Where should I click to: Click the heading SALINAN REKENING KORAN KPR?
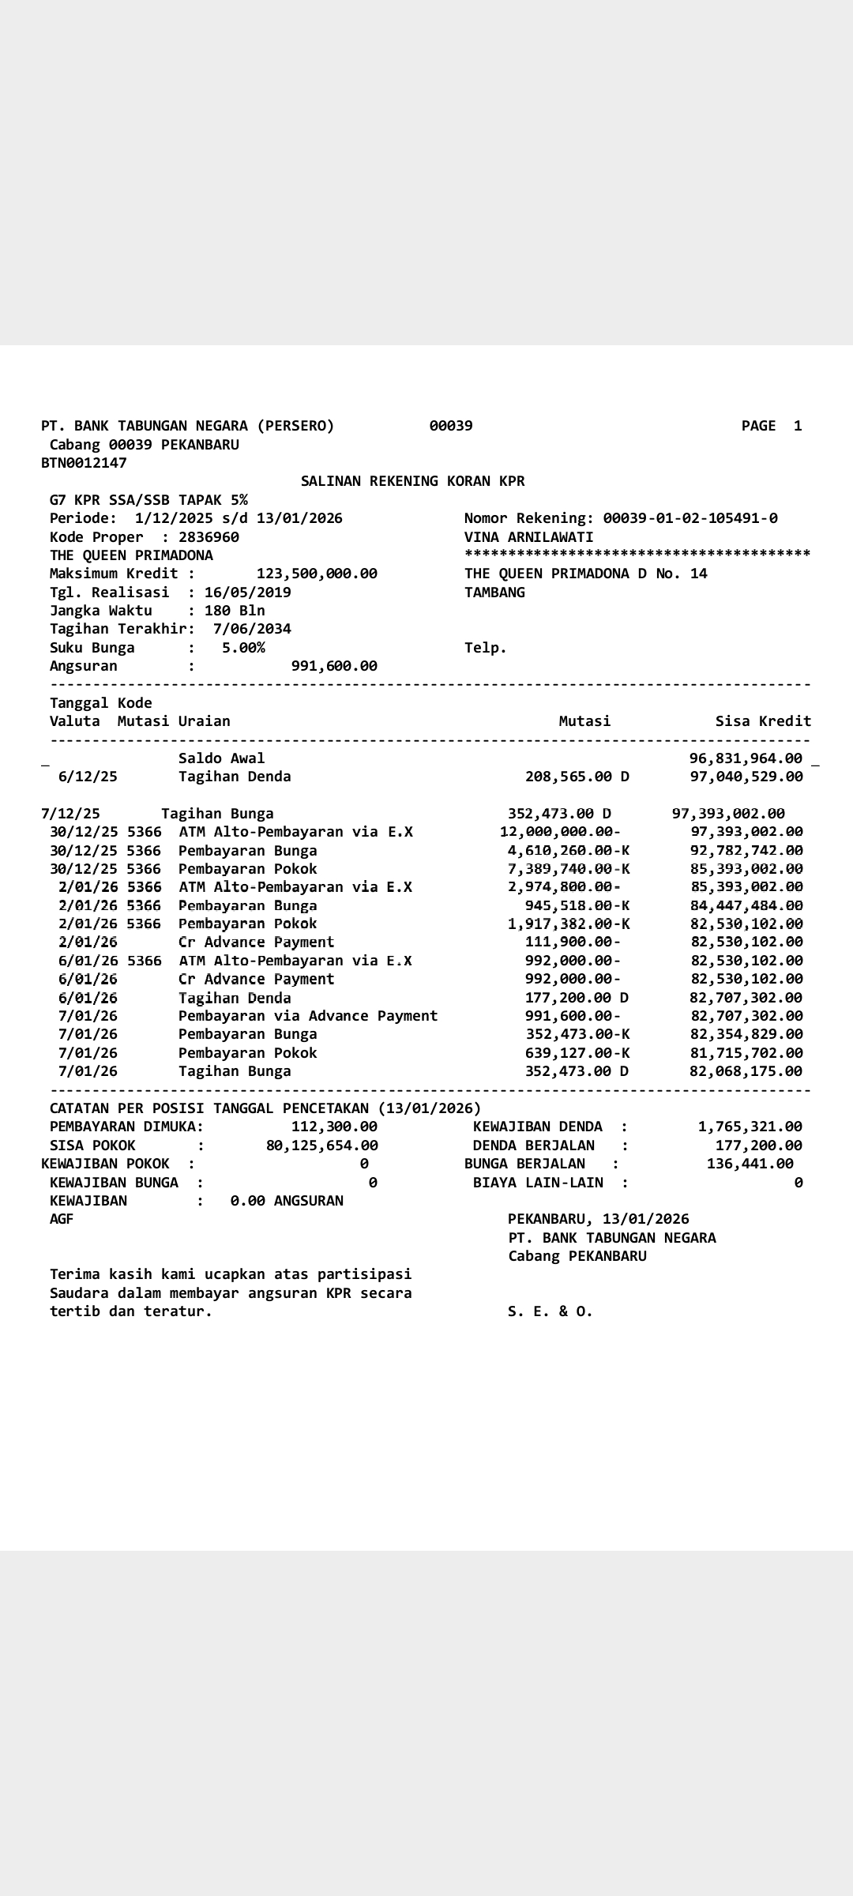tap(412, 481)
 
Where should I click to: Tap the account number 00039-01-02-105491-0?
tap(690, 518)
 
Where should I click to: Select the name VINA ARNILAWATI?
tap(528, 537)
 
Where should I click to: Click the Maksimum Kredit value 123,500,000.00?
tap(317, 574)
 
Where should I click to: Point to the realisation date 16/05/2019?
tap(247, 592)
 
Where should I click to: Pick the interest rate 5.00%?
tap(243, 648)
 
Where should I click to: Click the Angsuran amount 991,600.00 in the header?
tap(334, 666)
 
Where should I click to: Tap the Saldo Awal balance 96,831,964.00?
tap(746, 758)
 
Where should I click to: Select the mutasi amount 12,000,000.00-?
tap(560, 832)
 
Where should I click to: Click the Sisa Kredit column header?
tap(763, 721)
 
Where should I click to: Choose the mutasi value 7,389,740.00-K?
tap(569, 869)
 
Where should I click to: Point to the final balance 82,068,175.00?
tap(746, 1071)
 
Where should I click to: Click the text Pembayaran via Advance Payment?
tap(307, 1016)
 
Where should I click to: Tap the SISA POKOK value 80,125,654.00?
tap(322, 1145)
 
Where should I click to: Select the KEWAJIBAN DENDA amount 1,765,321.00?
tap(750, 1127)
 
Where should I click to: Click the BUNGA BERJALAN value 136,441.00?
tap(750, 1164)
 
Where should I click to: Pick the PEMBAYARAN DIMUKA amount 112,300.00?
tap(334, 1127)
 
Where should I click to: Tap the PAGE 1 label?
tap(771, 426)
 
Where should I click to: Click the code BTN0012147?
tap(84, 463)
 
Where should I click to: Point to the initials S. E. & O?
tap(550, 1311)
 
